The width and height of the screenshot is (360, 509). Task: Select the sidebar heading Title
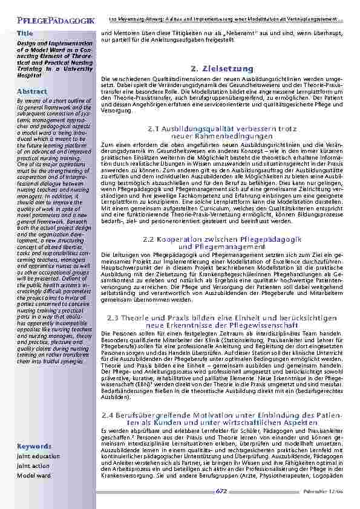click(x=25, y=33)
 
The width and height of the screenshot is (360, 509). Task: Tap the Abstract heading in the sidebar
click(x=31, y=91)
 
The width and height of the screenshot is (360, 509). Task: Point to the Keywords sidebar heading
click(x=34, y=446)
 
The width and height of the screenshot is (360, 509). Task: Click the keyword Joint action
click(x=33, y=466)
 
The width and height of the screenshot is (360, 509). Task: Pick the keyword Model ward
click(x=33, y=476)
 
